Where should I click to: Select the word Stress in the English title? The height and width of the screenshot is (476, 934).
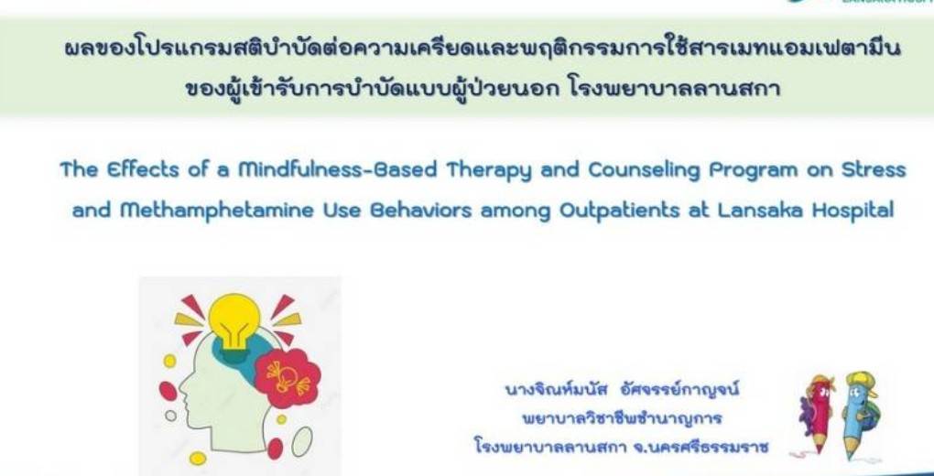pos(875,169)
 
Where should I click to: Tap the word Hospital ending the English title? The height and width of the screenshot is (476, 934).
pos(853,211)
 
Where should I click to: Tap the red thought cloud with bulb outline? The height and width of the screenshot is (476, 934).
pos(288,378)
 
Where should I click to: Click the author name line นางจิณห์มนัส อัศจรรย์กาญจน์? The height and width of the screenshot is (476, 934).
pos(622,392)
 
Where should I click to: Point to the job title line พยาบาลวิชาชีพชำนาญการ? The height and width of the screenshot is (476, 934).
pos(622,419)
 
